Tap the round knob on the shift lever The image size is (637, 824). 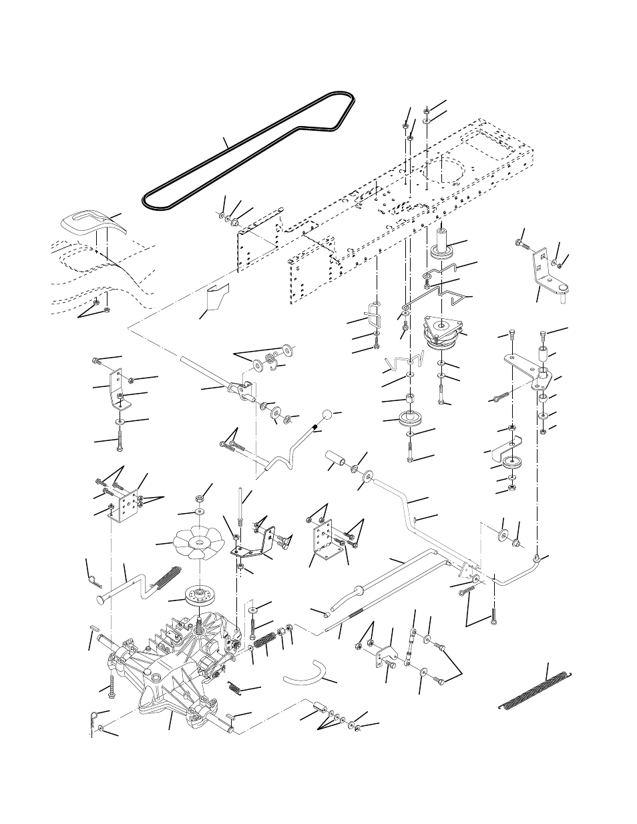click(328, 416)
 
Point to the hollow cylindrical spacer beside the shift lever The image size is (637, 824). click(335, 460)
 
